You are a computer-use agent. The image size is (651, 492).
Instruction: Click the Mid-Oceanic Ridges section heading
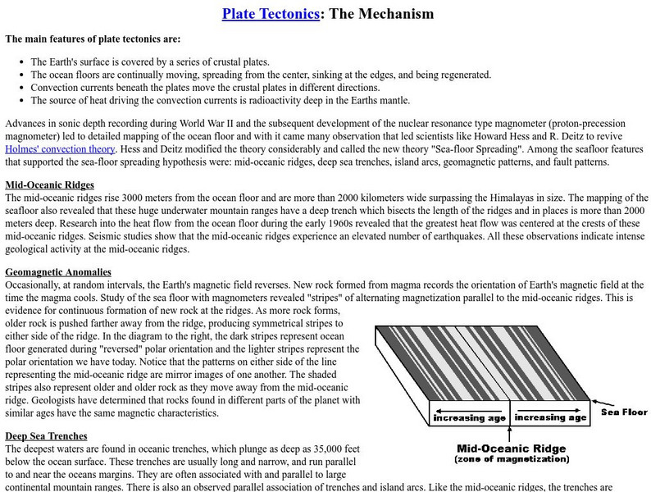[x=49, y=184]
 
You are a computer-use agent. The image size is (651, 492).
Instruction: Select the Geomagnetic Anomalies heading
[x=58, y=271]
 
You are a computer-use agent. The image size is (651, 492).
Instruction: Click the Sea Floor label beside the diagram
[x=625, y=412]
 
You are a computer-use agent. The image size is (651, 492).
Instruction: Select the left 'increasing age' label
[x=471, y=417]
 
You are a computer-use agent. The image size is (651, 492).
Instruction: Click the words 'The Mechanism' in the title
[x=381, y=14]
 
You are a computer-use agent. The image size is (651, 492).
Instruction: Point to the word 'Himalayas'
[x=503, y=198]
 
